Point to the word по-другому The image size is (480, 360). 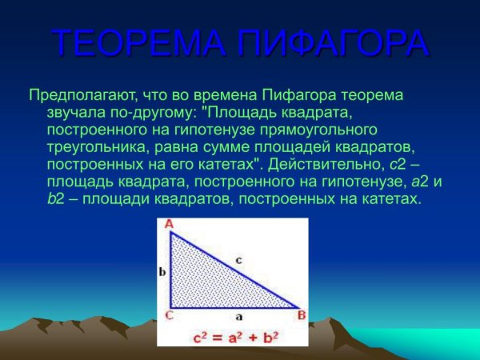[146, 113]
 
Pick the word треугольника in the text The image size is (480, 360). [96, 147]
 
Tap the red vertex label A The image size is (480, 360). [169, 225]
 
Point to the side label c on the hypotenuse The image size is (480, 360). [238, 259]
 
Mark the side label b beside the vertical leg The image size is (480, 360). [162, 272]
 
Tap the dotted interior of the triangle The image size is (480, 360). [200, 280]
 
